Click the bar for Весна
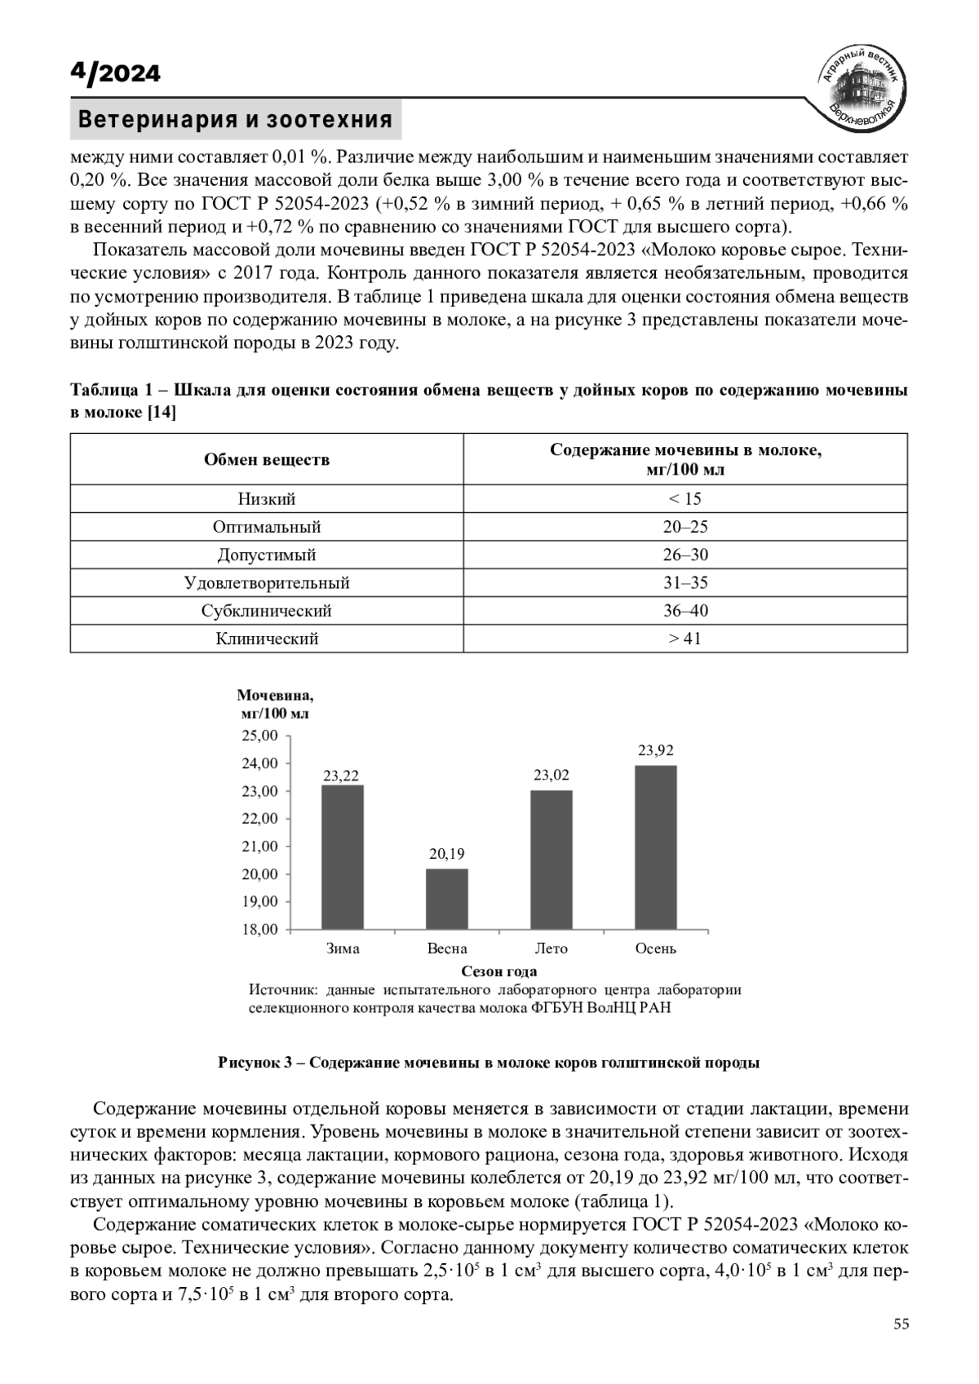pos(447,898)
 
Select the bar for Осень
pos(656,847)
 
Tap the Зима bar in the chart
pos(343,856)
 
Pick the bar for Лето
pos(552,859)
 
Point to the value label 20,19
pos(447,854)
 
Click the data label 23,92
pos(656,750)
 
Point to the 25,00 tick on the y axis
pos(260,736)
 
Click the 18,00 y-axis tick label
pos(260,929)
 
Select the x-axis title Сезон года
pos(499,971)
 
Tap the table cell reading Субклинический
pos(267,611)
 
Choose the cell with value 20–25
pos(685,527)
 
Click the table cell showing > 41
pos(685,639)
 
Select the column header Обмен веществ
pos(267,460)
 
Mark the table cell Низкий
pos(267,499)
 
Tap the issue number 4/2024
pos(115,73)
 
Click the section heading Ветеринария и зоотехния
pos(235,120)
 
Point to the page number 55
pos(901,1324)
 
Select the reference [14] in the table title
pos(161,413)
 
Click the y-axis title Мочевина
pos(275,696)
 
